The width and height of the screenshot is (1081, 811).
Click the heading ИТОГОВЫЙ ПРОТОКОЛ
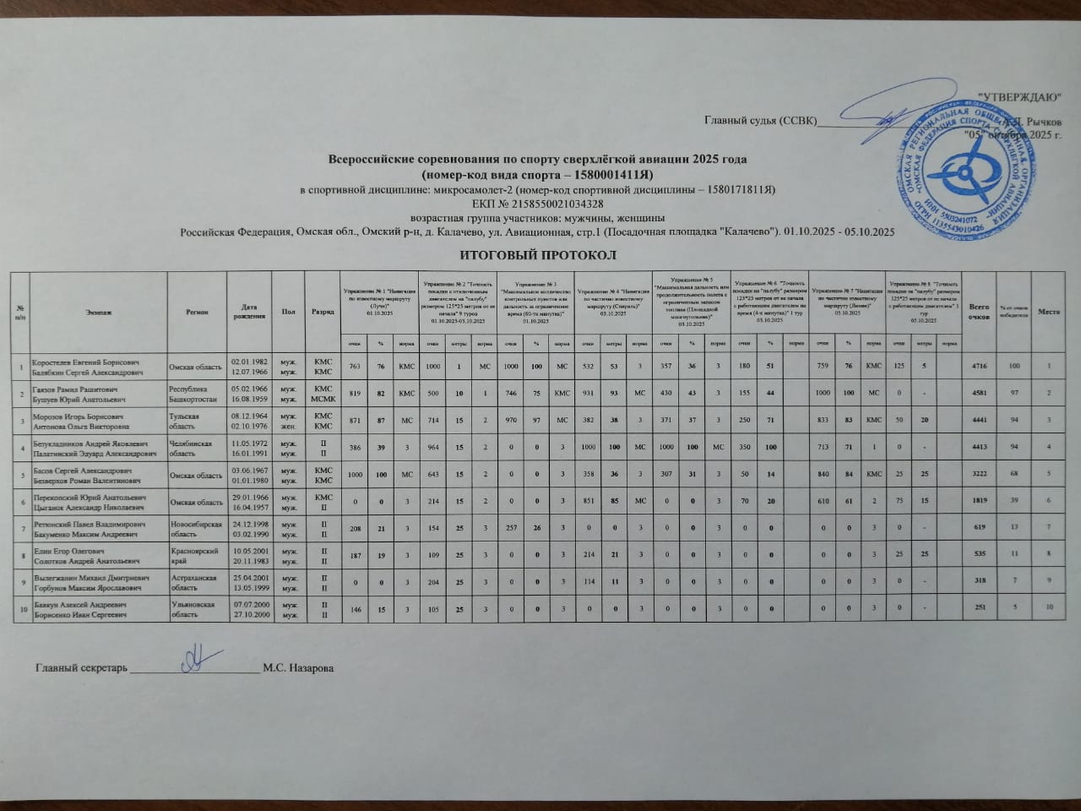click(535, 255)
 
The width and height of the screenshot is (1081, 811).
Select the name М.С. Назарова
click(298, 668)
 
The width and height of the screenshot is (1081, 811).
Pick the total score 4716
click(979, 366)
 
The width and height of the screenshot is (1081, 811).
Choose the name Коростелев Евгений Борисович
click(81, 361)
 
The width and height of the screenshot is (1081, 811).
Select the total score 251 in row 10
click(980, 608)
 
